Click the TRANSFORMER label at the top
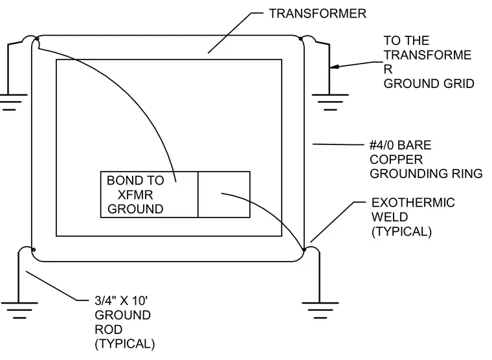318,14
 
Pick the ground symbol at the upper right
330,102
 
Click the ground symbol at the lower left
19,311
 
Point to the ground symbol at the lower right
320,311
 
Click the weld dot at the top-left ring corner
37,39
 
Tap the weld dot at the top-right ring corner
300,39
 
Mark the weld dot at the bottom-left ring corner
34,250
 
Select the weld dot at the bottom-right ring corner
304,250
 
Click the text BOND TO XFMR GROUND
135,195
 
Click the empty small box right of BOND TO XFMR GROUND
224,195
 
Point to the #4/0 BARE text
400,145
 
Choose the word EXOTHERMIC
413,203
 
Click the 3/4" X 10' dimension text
121,300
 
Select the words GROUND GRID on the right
429,84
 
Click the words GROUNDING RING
426,174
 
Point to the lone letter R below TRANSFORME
388,69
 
